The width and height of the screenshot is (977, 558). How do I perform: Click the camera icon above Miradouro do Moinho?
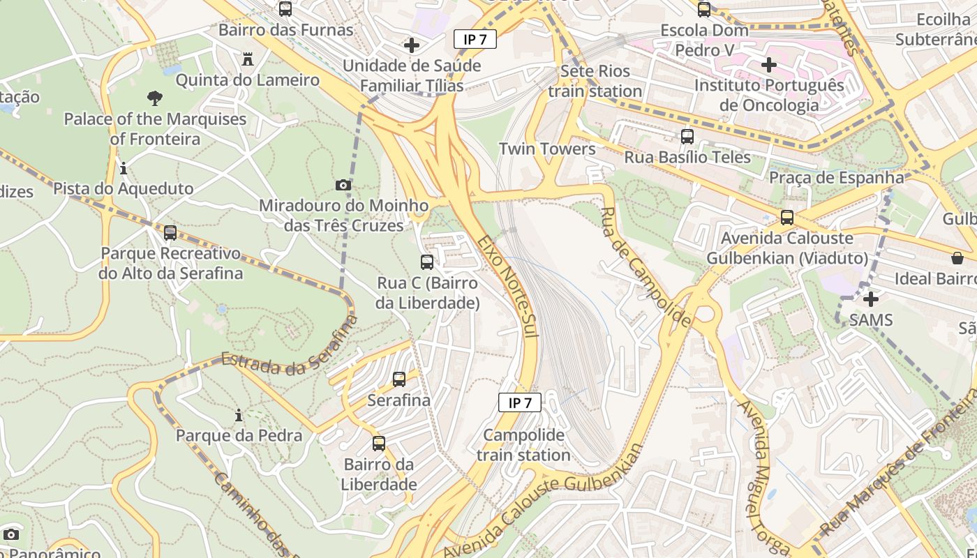click(343, 185)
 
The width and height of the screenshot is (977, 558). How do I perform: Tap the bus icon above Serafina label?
click(399, 379)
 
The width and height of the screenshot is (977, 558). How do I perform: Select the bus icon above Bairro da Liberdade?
click(379, 444)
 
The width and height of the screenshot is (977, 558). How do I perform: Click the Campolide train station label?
click(523, 445)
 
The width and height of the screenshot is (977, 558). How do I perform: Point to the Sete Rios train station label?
click(595, 81)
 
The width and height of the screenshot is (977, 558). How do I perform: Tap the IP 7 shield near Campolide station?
click(520, 402)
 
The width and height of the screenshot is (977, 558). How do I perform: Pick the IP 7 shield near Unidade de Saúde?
click(475, 39)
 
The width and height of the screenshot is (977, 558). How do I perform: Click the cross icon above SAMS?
click(871, 299)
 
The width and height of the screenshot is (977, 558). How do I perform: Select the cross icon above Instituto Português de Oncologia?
click(769, 65)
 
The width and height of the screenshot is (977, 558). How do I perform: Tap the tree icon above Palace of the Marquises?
click(155, 98)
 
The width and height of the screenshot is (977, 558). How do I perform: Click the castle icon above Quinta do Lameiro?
click(248, 59)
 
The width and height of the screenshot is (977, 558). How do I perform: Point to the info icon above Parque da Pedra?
click(239, 416)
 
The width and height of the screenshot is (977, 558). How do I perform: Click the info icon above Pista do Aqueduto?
click(124, 168)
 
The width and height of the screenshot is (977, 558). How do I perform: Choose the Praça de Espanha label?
click(836, 177)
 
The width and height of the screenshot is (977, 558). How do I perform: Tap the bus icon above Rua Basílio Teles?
click(687, 137)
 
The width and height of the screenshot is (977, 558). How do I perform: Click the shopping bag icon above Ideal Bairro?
click(957, 259)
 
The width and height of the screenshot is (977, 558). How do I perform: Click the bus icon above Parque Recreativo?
click(170, 233)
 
